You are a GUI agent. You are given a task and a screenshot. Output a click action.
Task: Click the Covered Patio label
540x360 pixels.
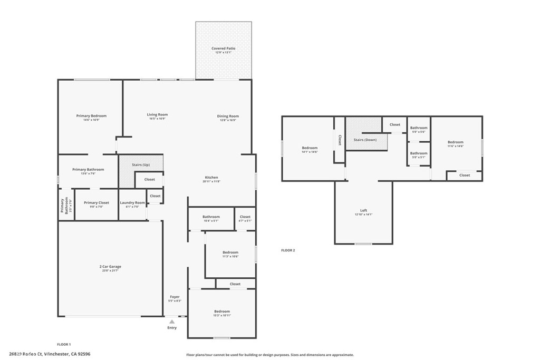coord(224,48)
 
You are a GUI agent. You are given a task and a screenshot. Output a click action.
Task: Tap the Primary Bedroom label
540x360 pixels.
coord(91,116)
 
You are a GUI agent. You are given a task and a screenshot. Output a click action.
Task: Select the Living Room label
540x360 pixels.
coord(157,114)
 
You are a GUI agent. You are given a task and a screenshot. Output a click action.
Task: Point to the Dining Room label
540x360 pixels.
coord(228,116)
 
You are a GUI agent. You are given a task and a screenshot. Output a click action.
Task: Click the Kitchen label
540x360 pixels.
coord(211,178)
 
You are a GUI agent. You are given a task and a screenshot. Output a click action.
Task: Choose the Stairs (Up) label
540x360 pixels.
coord(141,165)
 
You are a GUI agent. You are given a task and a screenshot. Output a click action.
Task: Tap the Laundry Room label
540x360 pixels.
coord(132,203)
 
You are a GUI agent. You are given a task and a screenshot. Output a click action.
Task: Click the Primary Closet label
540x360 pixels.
coord(97,203)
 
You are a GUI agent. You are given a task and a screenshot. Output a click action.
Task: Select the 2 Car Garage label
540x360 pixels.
coord(110,267)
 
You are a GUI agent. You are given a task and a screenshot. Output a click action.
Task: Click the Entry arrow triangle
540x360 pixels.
coord(172,321)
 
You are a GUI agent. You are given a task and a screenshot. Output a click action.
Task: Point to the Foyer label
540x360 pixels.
coord(175,297)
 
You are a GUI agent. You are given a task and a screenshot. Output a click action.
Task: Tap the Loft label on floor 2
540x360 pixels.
coord(363,210)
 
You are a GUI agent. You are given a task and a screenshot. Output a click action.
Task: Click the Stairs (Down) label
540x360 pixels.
coord(365,140)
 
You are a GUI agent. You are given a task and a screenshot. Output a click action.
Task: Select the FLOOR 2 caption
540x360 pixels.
coord(288,250)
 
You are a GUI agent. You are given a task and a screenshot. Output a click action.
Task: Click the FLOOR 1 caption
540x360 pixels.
coord(64,344)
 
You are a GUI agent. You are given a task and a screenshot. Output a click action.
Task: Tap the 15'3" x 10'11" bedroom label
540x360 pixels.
coord(222,312)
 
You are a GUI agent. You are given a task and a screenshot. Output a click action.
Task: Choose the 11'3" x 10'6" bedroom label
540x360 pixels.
coord(230,252)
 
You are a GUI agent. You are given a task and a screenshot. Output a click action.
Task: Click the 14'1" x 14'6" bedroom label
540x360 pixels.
coord(310,148)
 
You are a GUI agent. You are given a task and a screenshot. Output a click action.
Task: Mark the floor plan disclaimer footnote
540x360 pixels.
coord(270,355)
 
